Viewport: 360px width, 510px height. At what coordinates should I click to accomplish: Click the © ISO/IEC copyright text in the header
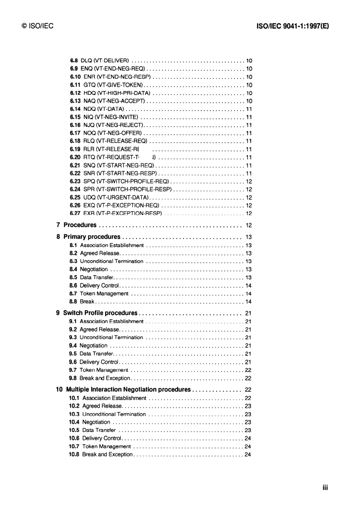coord(38,26)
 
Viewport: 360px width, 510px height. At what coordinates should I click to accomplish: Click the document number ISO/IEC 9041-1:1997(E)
coord(293,26)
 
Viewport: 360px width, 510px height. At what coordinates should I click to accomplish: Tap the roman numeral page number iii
coord(325,488)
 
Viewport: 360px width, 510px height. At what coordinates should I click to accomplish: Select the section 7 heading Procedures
coord(80,225)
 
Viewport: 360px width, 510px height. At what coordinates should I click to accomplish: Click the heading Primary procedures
coord(92,237)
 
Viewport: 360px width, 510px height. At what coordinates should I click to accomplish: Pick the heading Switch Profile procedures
coord(100,313)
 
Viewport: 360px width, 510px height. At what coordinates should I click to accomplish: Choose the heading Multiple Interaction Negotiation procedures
coord(128,389)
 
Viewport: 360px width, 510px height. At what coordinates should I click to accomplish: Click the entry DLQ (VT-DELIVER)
coord(105,61)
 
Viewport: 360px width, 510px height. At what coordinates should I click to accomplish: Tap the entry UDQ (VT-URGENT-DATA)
coord(116,198)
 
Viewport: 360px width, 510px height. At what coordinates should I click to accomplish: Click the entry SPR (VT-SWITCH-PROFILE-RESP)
coord(127,189)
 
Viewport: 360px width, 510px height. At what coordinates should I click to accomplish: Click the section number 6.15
coord(75,117)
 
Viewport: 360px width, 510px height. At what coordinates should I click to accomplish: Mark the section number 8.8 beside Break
coord(73,301)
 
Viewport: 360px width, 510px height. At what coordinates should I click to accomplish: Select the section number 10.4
coord(74,422)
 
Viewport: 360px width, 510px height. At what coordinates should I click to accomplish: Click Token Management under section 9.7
coord(104,370)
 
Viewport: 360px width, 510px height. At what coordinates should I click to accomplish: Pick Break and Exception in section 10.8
coord(107,454)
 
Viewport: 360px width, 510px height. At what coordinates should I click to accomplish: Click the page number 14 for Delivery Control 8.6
coord(248,286)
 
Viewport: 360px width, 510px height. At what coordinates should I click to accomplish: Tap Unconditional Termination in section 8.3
coord(111,261)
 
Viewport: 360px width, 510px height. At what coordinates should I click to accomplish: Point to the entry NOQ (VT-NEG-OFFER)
coord(113,133)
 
